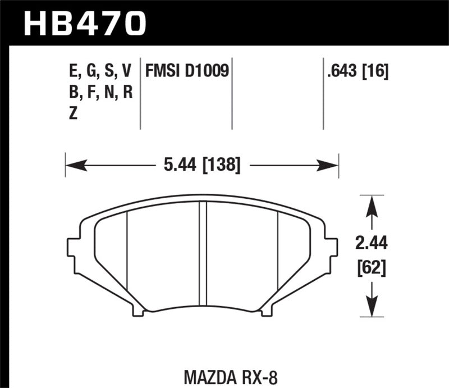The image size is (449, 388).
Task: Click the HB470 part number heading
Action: (x=84, y=24)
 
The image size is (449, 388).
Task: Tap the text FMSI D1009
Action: (x=187, y=71)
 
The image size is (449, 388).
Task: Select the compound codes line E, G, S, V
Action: (x=99, y=71)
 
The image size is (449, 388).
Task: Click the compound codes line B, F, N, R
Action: (x=99, y=93)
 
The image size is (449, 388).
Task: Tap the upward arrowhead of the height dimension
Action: (x=372, y=205)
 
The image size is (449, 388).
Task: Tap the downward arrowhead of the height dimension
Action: (x=372, y=308)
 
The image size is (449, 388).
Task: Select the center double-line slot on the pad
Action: (x=203, y=253)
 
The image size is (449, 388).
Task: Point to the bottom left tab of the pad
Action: (x=138, y=308)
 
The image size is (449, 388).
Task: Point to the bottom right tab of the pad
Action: (x=266, y=308)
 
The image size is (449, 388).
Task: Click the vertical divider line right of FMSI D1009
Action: (x=232, y=93)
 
